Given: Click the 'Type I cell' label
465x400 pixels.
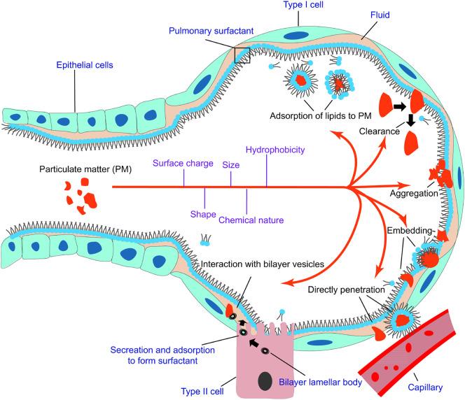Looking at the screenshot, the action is [303, 5].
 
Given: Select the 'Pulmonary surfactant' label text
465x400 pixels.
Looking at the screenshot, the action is [211, 31].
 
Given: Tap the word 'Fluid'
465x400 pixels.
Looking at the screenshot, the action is [380, 15].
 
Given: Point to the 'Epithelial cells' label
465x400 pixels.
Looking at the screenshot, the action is [85, 65].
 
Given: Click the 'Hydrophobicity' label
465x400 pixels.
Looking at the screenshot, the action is [275, 150].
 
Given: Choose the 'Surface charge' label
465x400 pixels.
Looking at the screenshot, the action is [183, 164].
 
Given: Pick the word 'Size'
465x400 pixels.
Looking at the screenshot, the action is [231, 165].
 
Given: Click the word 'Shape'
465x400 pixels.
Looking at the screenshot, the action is [203, 215].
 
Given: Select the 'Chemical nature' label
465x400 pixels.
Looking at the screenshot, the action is [251, 220].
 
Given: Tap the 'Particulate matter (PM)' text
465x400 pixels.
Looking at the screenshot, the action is [85, 169].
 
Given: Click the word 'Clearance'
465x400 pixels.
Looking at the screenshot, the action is [380, 131].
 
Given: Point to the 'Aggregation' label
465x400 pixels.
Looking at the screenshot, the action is [414, 194].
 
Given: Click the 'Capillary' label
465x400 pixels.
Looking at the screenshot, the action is [425, 387].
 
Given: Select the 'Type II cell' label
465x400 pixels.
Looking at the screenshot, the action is [202, 392].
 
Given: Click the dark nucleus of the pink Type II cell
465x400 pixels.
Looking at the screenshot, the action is [265, 381].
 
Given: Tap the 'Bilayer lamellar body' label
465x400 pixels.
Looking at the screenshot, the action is [320, 383].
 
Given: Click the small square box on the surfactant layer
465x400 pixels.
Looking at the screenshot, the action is [242, 55].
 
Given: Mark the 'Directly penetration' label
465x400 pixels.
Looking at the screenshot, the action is [346, 290].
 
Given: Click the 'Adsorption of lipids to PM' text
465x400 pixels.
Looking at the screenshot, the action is [321, 116].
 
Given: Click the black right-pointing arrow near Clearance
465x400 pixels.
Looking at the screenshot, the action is [400, 106].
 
